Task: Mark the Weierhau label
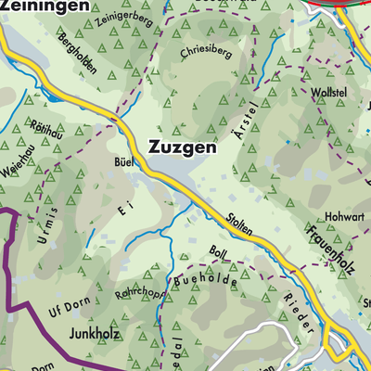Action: [x=18, y=171]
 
